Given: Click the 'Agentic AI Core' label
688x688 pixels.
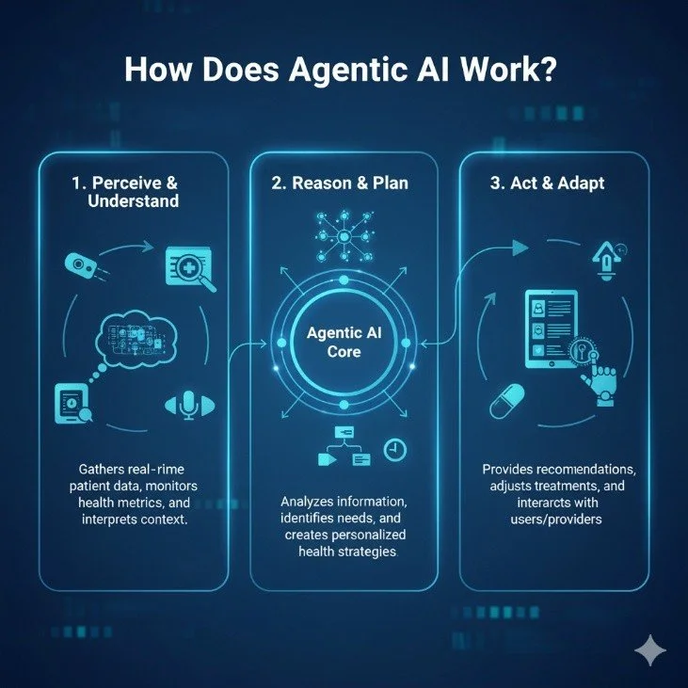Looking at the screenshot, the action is click(344, 344).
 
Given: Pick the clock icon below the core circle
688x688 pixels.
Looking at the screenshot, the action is click(395, 450).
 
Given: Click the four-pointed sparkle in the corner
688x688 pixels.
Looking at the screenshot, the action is click(650, 650).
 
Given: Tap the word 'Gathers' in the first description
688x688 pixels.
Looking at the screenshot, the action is click(94, 468).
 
